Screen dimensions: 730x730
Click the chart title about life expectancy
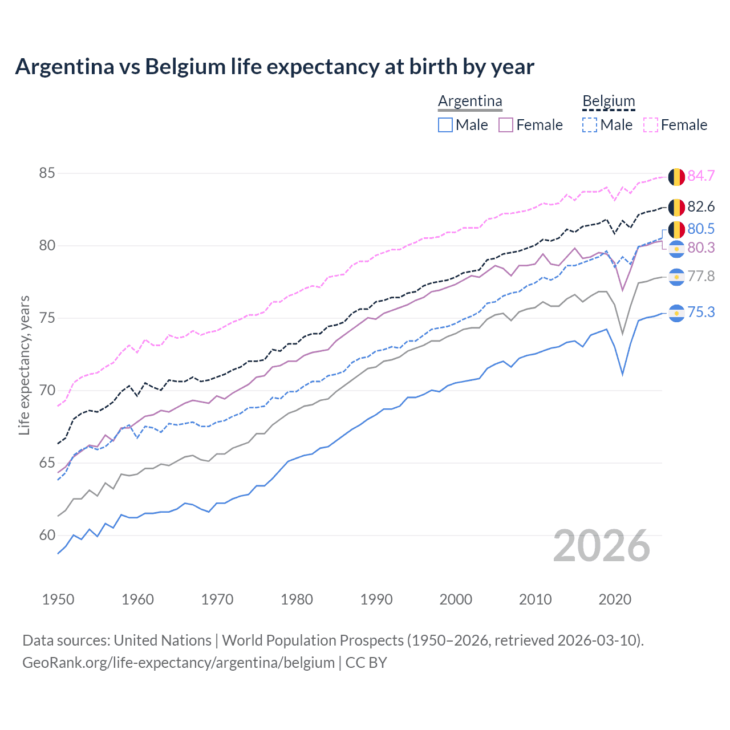pyautogui.click(x=274, y=67)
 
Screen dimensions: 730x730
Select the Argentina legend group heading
pyautogui.click(x=470, y=102)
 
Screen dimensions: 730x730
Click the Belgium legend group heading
pyautogui.click(x=609, y=102)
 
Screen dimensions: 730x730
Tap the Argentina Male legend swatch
pyautogui.click(x=445, y=125)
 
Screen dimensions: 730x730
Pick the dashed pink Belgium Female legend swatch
pyautogui.click(x=651, y=125)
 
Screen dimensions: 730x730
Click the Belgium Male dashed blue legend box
pyautogui.click(x=590, y=125)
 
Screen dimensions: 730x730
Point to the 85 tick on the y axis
pyautogui.click(x=47, y=173)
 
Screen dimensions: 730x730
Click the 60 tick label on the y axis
pyautogui.click(x=47, y=536)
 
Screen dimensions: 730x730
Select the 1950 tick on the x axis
pyautogui.click(x=58, y=599)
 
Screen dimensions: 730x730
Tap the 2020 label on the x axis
pyautogui.click(x=615, y=599)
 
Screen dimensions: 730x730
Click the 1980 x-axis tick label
pyautogui.click(x=297, y=599)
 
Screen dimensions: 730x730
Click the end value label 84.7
pyautogui.click(x=701, y=176)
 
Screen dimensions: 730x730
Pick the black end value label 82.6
pyautogui.click(x=701, y=206)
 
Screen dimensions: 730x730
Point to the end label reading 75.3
pyautogui.click(x=701, y=312)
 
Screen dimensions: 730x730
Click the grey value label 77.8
pyautogui.click(x=701, y=277)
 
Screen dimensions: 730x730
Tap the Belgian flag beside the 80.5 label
pyautogui.click(x=676, y=229)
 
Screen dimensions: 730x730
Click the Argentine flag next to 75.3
pyautogui.click(x=676, y=313)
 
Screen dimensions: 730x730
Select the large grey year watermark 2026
pyautogui.click(x=601, y=546)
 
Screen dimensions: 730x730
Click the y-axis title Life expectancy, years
pyautogui.click(x=24, y=365)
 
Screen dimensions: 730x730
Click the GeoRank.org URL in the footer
pyautogui.click(x=178, y=663)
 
